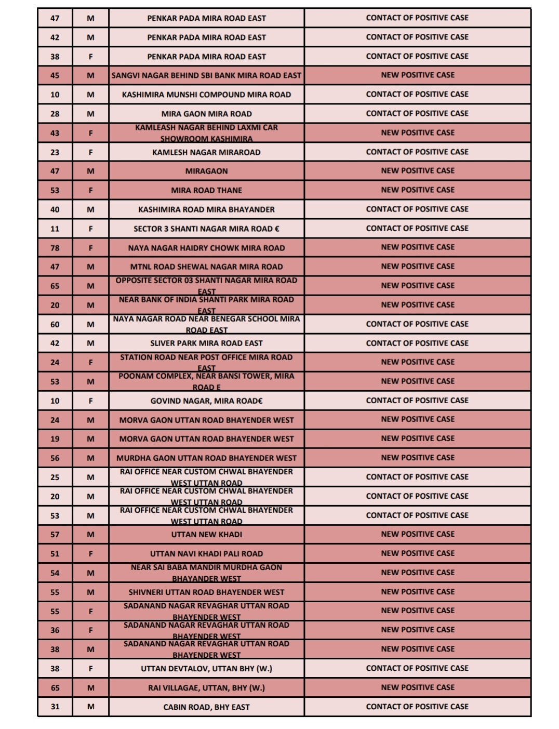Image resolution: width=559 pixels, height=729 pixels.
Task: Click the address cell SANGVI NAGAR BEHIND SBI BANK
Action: click(206, 75)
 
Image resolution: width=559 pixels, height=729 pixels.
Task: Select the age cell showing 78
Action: click(55, 248)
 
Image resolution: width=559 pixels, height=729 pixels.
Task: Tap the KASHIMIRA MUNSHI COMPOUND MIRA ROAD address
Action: click(206, 95)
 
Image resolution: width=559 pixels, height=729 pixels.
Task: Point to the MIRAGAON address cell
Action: click(206, 171)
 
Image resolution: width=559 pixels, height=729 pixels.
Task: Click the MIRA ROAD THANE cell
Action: click(206, 190)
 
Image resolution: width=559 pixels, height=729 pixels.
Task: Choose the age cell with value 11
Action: click(55, 229)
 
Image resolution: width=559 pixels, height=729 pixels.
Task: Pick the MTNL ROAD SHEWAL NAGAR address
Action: click(206, 267)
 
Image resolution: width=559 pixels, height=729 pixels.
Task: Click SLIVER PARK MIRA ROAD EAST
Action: click(206, 343)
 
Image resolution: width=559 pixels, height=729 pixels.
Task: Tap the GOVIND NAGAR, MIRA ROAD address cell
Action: click(206, 401)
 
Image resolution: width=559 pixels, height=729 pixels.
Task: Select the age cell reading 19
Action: click(55, 439)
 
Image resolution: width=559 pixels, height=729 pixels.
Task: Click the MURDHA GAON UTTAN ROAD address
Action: click(206, 458)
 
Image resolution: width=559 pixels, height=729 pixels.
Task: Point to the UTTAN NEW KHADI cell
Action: click(206, 534)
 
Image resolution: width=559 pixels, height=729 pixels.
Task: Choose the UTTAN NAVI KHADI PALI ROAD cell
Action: click(206, 553)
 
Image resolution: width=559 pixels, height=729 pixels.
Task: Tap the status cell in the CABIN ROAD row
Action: click(417, 707)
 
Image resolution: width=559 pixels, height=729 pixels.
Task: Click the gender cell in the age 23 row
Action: click(90, 152)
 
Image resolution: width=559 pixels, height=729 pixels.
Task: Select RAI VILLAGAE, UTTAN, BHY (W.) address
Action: click(206, 687)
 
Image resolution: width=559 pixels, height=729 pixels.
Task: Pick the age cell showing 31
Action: click(55, 707)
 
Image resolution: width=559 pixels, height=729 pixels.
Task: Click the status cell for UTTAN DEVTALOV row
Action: click(417, 668)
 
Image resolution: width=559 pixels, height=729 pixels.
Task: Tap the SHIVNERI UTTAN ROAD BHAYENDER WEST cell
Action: click(206, 592)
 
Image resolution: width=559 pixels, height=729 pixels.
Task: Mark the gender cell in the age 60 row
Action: click(90, 324)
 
